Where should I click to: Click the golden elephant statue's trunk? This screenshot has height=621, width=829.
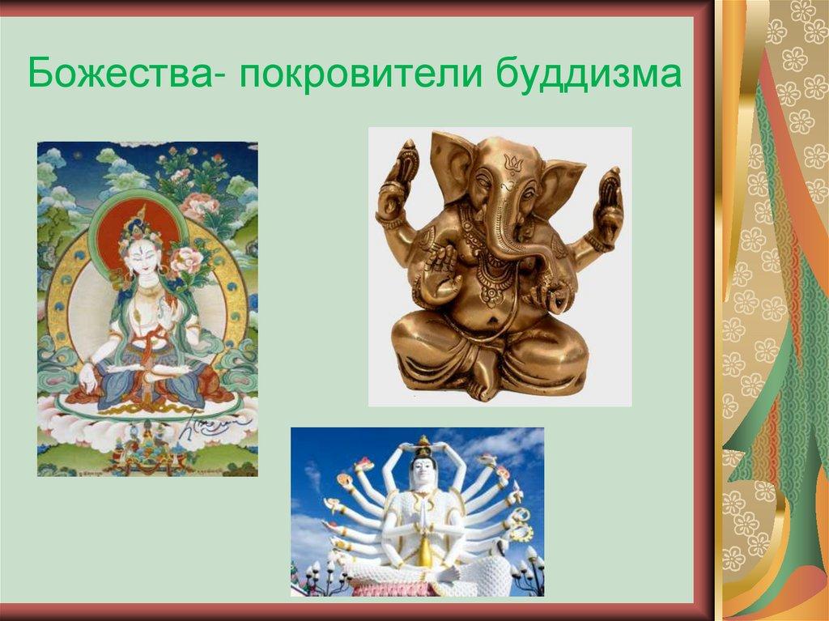pos(518,243)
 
